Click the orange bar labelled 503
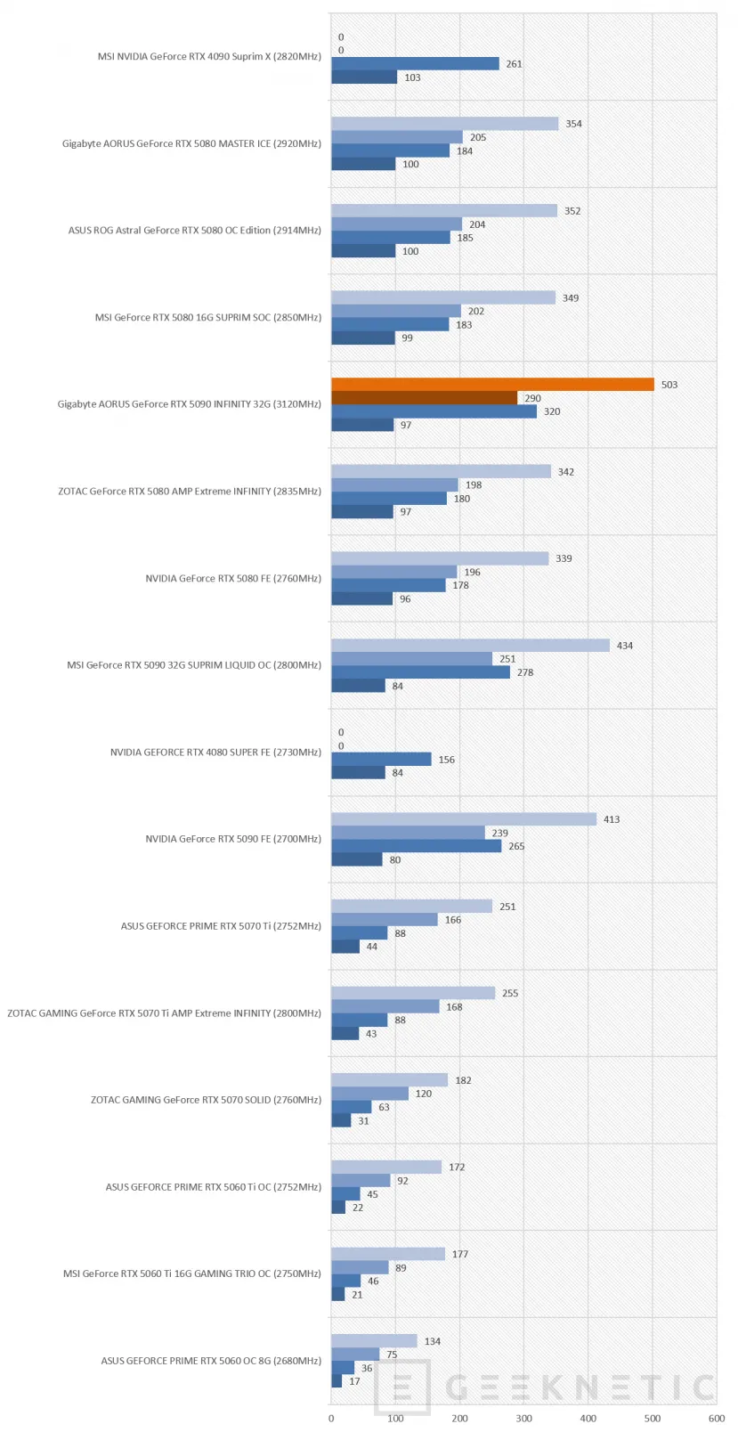[x=492, y=384]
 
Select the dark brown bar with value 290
[x=425, y=398]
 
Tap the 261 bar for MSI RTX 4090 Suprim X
[x=416, y=63]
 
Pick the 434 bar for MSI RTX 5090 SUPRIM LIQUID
[x=471, y=645]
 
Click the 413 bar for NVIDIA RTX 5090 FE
[x=464, y=819]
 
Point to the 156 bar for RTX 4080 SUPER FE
[x=381, y=759]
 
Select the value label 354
[x=574, y=124]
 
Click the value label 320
[x=552, y=411]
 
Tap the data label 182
[x=463, y=1079]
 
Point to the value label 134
[x=433, y=1340]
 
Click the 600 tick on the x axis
[x=717, y=1418]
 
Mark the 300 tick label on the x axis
[x=524, y=1418]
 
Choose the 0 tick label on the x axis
[x=331, y=1418]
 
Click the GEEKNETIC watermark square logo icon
[x=401, y=1387]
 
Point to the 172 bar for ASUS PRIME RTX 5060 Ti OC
[x=386, y=1167]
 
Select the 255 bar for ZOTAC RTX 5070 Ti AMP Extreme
[x=413, y=993]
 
